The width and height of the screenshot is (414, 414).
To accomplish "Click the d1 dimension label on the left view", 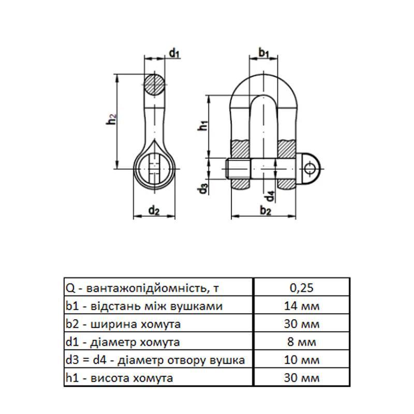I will click(x=174, y=52).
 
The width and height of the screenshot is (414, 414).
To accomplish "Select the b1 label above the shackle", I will click(x=264, y=52).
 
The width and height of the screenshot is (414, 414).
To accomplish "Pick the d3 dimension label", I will click(x=203, y=189).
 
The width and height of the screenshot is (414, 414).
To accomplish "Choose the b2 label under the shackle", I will click(x=265, y=210).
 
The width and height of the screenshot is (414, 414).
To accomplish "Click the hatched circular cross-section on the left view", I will click(x=155, y=84).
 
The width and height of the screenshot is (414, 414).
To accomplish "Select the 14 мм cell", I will click(x=300, y=306).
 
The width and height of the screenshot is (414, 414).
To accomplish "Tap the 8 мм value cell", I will click(x=300, y=342).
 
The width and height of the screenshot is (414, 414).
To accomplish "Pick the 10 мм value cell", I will click(x=300, y=360).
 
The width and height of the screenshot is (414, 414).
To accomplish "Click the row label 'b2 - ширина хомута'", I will click(x=123, y=324).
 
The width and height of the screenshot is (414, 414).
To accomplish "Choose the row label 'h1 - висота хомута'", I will click(x=119, y=378).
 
